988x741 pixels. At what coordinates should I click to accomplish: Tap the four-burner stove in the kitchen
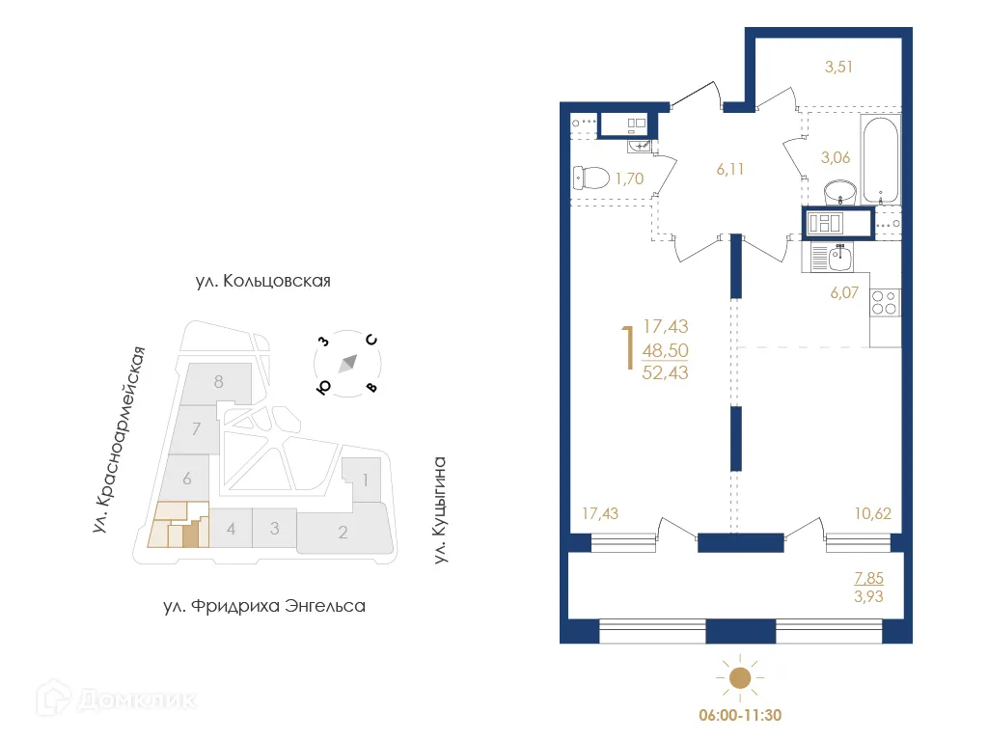pos(885,303)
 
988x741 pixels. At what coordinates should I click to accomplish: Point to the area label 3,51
pos(838,68)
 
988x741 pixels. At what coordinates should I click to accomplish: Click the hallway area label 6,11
pos(730,169)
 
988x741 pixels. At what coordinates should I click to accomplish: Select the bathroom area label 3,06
pos(835,158)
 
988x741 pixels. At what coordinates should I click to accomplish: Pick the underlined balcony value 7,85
pos(867,579)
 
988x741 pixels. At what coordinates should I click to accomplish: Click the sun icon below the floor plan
pos(739,678)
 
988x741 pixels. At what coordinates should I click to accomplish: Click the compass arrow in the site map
pos(348,364)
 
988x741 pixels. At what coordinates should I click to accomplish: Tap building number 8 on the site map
pos(219,381)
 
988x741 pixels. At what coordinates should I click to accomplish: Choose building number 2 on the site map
pos(343,532)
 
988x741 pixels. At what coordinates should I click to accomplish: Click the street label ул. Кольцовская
pos(262,282)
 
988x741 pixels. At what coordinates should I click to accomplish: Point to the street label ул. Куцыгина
pos(442,511)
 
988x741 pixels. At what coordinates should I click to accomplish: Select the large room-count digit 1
pos(628,348)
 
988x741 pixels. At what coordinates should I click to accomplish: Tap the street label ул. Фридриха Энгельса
pos(263,607)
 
